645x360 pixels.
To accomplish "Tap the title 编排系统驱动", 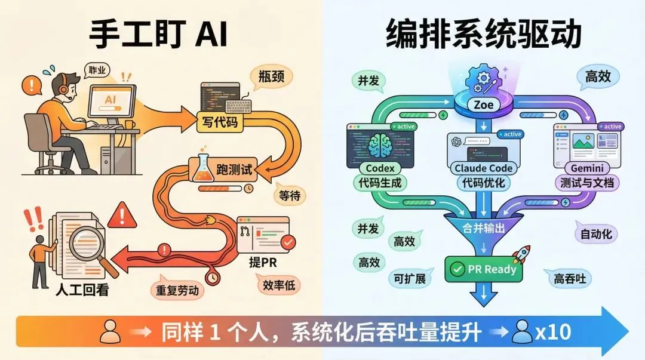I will click(484, 34).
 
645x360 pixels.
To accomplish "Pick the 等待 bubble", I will click(291, 195).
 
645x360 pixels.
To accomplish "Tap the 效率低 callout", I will click(279, 285).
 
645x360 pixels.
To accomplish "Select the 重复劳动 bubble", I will click(177, 291).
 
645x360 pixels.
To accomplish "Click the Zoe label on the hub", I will click(484, 106).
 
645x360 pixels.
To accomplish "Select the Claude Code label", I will click(484, 168).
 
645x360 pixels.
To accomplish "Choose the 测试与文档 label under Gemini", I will click(586, 182).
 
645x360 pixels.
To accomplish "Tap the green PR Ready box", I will click(484, 269).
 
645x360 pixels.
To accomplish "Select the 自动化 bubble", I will click(596, 233).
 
